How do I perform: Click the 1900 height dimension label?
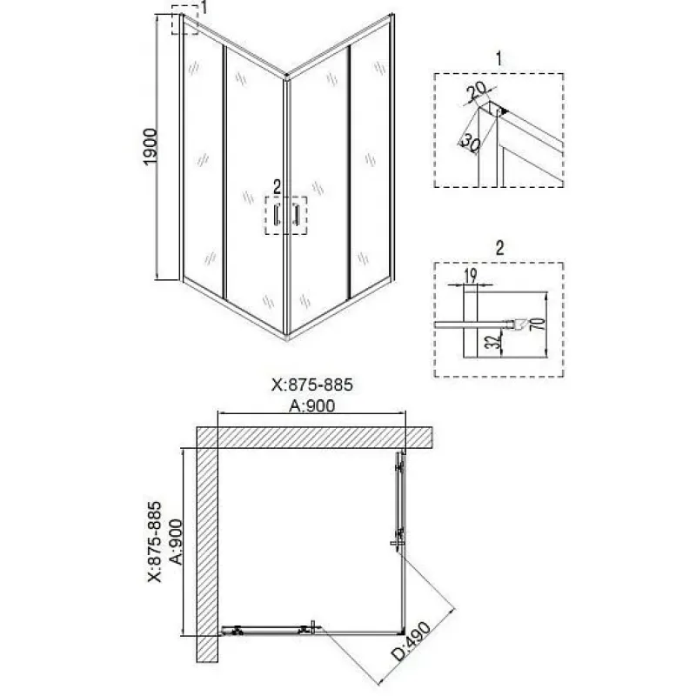pyautogui.click(x=151, y=146)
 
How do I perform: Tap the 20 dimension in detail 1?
pyautogui.click(x=477, y=90)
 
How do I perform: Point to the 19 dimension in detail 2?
pyautogui.click(x=470, y=276)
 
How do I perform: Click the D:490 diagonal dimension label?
pyautogui.click(x=411, y=641)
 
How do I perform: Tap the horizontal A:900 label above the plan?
pyautogui.click(x=312, y=405)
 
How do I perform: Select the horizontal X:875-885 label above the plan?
pyautogui.click(x=312, y=385)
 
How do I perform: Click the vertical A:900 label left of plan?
pyautogui.click(x=177, y=542)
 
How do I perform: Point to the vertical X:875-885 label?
pyautogui.click(x=155, y=542)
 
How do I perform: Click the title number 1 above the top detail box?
pyautogui.click(x=499, y=58)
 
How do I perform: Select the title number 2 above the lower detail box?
pyautogui.click(x=499, y=249)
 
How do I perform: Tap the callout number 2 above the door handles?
pyautogui.click(x=277, y=188)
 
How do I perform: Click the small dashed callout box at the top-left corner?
pyautogui.click(x=184, y=19)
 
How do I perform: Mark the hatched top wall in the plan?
pyautogui.click(x=315, y=438)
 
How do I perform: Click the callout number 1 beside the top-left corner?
pyautogui.click(x=204, y=8)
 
